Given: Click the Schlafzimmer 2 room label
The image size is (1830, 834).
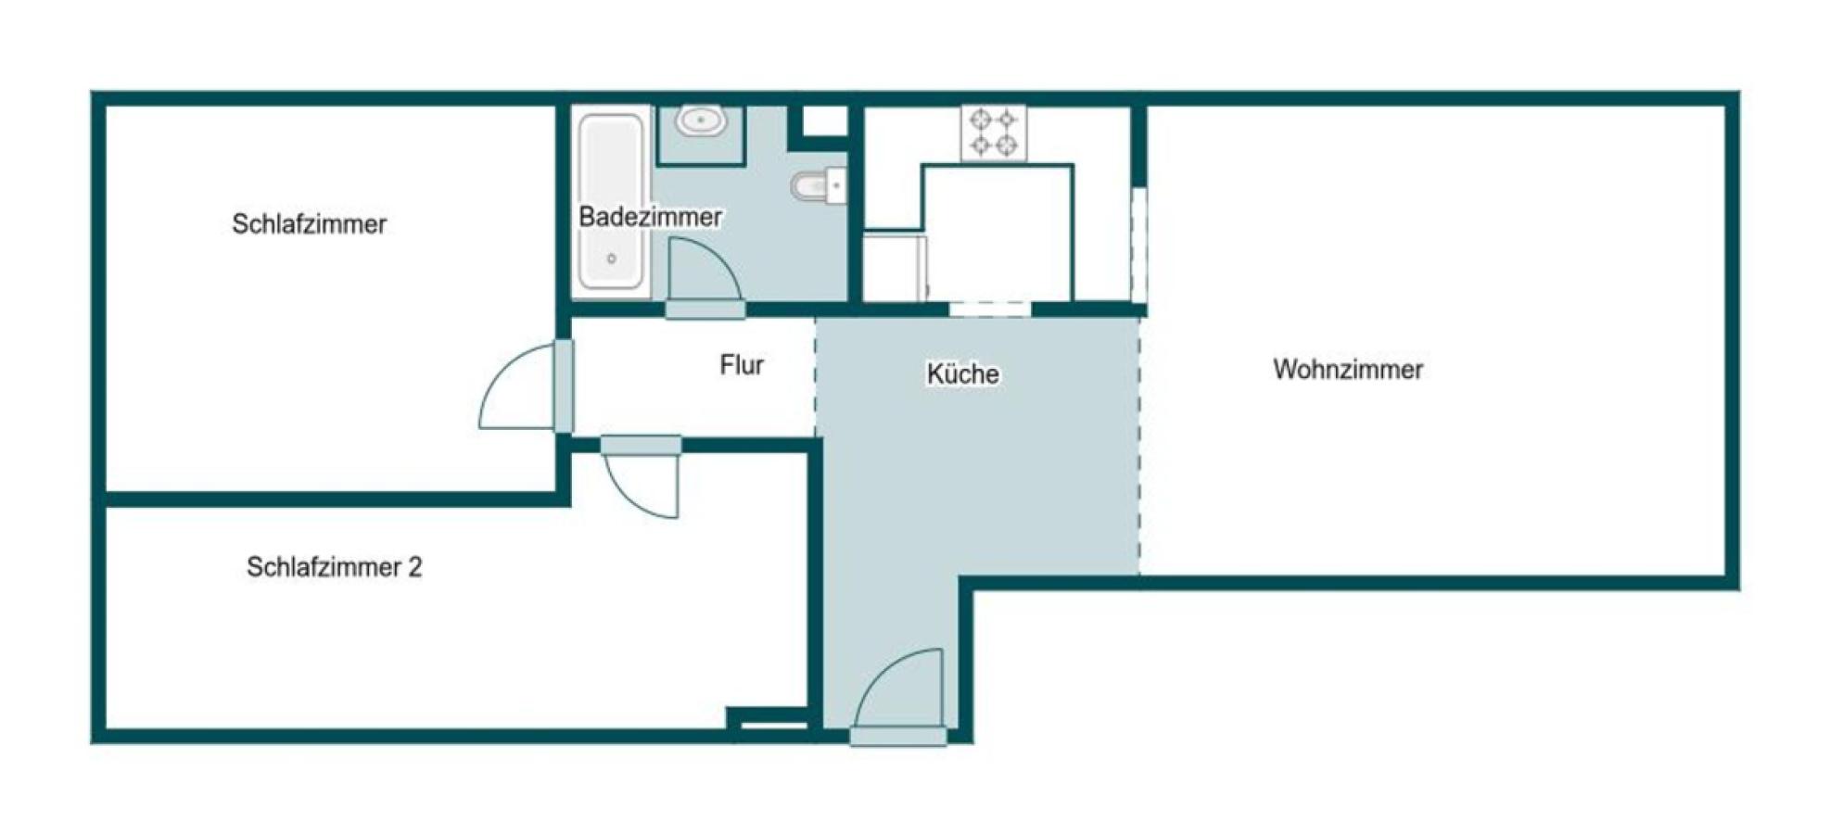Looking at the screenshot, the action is (x=334, y=567).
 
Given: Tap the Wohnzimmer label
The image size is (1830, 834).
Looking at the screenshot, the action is (x=1347, y=369).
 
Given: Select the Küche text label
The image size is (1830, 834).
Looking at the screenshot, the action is (x=962, y=373).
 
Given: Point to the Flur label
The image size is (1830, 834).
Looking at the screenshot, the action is (x=742, y=365).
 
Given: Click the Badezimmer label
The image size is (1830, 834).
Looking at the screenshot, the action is (x=650, y=217).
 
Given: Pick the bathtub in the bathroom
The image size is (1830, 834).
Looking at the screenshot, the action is (x=611, y=201).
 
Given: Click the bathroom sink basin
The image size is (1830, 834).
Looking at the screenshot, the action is (x=700, y=121).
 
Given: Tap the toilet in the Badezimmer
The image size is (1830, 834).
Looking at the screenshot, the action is (x=819, y=186).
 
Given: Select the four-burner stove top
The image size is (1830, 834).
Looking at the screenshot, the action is (x=994, y=133).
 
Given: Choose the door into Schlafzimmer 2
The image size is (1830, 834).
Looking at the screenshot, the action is (x=641, y=477).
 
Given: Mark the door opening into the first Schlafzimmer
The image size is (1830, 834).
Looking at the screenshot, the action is (x=526, y=386).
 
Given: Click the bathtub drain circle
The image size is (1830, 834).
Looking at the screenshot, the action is (x=612, y=259).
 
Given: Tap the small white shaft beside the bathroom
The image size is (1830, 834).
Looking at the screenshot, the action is (x=824, y=121).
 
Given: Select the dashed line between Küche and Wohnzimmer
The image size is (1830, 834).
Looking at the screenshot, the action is (x=1139, y=445).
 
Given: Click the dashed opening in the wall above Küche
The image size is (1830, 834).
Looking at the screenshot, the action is (x=990, y=310).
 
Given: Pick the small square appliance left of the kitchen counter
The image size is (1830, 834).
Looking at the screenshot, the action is (x=895, y=268).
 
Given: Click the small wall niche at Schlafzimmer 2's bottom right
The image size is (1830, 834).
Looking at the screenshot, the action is (x=774, y=719).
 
